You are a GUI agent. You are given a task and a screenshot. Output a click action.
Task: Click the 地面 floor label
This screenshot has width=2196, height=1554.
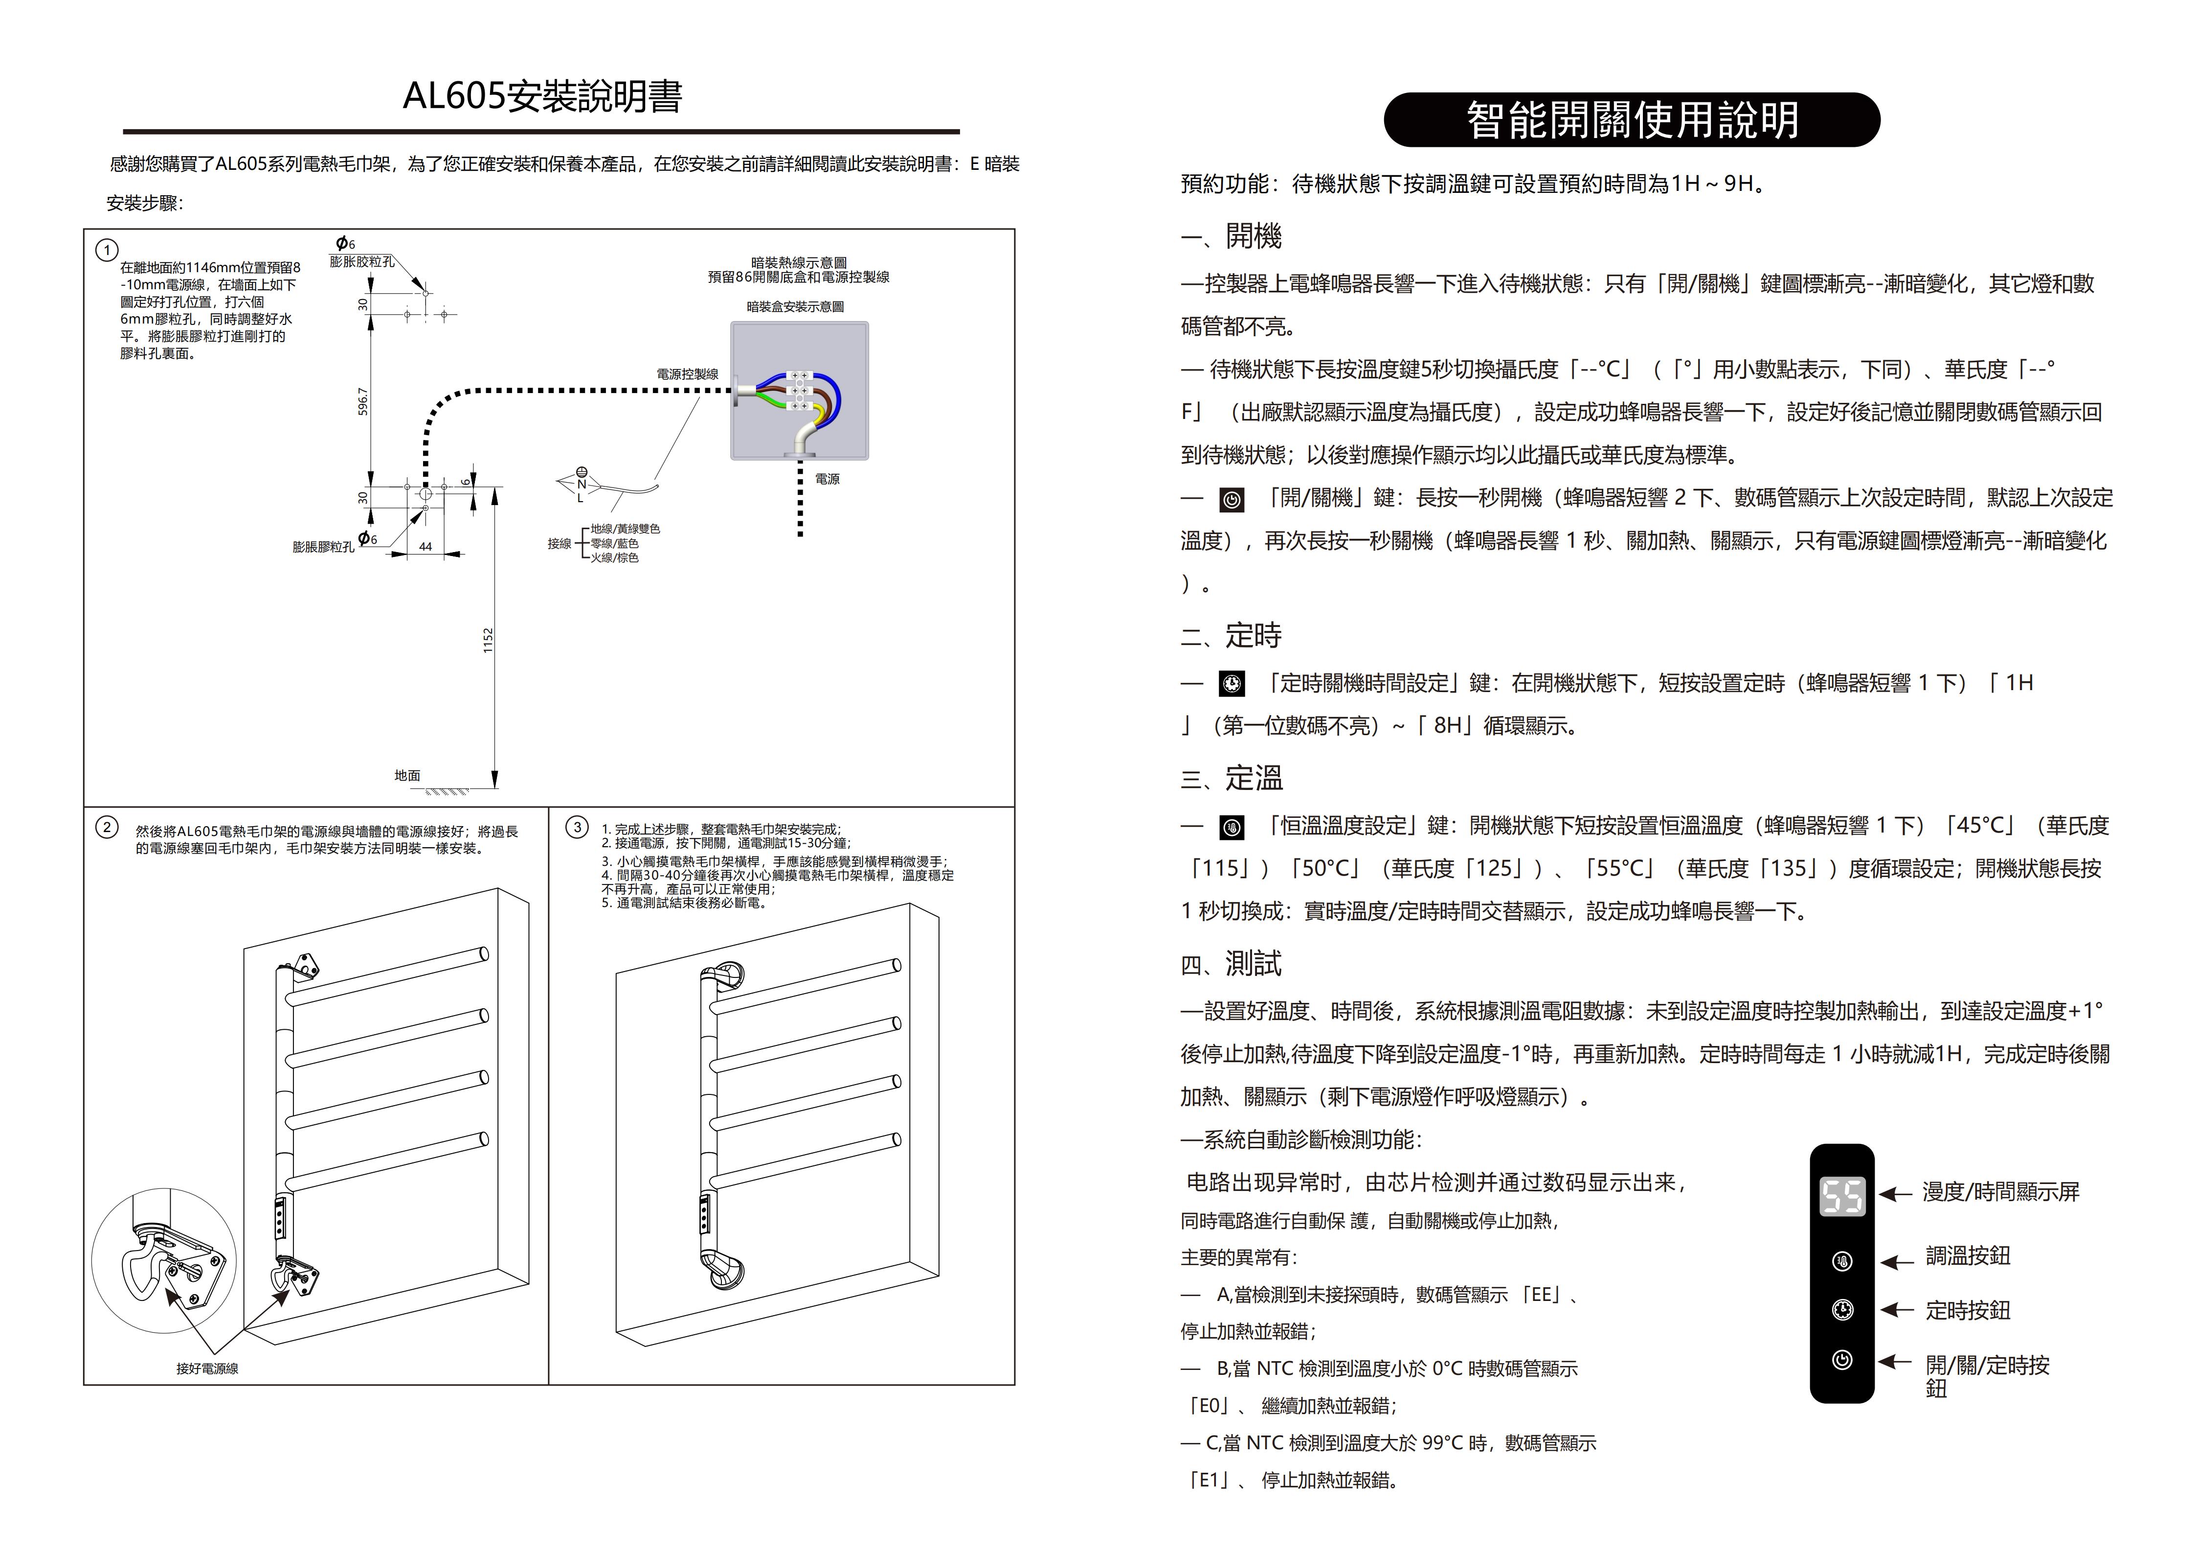click(407, 775)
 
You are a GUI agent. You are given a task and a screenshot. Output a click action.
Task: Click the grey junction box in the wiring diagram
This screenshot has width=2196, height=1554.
click(800, 391)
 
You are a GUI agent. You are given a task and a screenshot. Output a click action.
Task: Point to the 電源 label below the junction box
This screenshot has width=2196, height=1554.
click(828, 479)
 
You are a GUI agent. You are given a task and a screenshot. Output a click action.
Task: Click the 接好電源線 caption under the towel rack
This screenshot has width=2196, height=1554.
click(207, 1368)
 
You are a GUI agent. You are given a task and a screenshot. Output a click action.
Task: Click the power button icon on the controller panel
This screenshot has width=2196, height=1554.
click(1842, 1360)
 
